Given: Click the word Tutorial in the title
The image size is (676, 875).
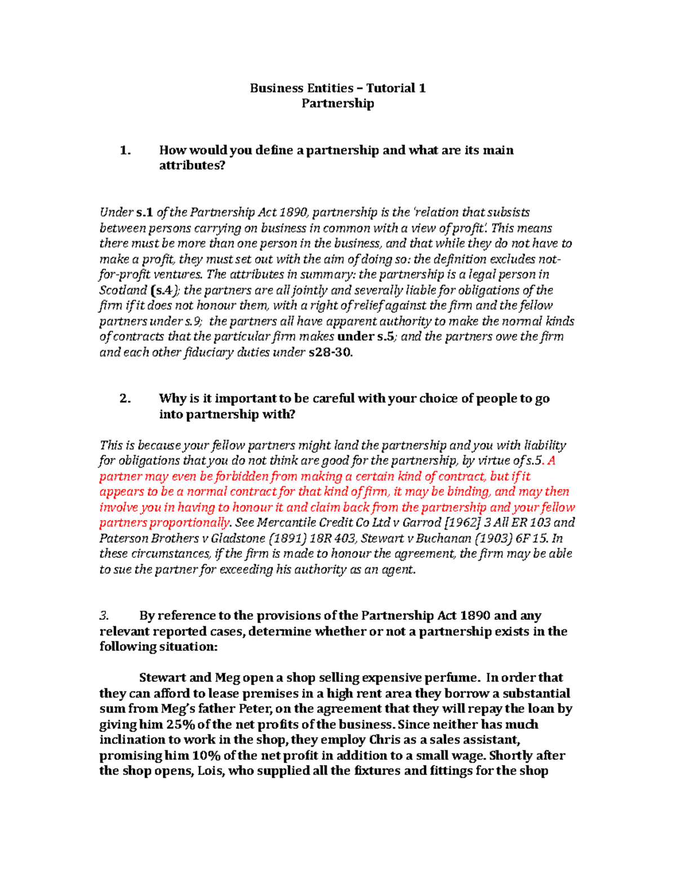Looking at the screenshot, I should (x=390, y=88).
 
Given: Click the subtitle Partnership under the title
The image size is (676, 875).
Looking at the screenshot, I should (x=337, y=103).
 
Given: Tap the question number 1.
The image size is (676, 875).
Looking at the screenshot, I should (x=125, y=150).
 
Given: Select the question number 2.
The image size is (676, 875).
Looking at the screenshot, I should (x=125, y=398).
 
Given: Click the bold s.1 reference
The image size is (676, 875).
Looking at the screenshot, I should (x=145, y=212).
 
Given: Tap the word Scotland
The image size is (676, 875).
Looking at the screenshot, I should (x=123, y=290).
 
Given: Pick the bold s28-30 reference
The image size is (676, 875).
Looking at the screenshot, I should (x=331, y=352).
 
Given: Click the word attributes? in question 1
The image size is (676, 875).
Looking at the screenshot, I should (x=192, y=166).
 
